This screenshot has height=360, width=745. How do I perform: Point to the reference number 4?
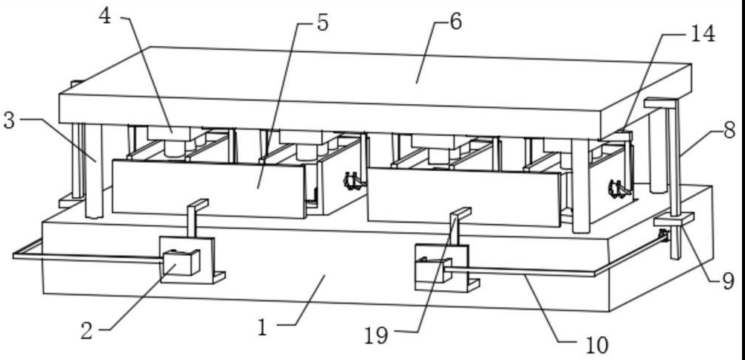tap(106, 16)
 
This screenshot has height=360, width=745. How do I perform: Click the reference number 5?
tap(322, 22)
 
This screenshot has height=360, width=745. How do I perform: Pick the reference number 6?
tap(455, 22)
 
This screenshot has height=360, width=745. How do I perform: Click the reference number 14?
tap(703, 33)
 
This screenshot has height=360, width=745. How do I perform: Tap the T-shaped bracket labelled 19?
tap(458, 223)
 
